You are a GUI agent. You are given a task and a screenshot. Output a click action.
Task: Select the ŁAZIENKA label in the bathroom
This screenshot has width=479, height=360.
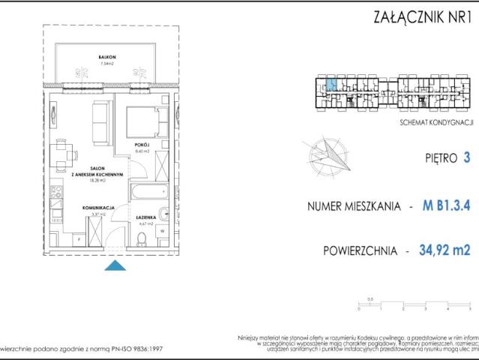coord(145,217)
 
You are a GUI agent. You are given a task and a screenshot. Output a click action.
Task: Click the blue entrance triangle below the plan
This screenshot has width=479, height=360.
coord(113,265)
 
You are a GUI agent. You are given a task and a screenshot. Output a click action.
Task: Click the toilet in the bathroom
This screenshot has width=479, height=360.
coord(142,239)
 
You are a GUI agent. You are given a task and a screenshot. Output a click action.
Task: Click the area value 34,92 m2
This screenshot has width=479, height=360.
coord(448,250)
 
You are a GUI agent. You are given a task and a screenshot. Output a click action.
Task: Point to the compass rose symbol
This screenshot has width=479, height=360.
coord(325,153)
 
